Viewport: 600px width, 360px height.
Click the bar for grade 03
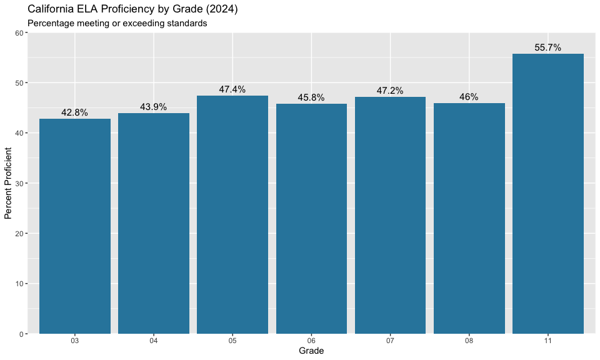(75, 226)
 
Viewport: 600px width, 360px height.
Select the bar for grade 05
(232, 214)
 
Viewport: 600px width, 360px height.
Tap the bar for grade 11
(548, 194)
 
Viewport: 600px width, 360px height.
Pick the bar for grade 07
(390, 215)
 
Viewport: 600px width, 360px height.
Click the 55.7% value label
(548, 47)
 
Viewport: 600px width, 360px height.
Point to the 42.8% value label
(75, 113)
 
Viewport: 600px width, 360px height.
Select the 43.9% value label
(154, 107)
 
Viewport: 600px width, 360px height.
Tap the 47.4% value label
(232, 89)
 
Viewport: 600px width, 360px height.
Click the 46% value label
(469, 97)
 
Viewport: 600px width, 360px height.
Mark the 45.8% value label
(311, 97)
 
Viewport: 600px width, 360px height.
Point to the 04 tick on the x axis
(154, 341)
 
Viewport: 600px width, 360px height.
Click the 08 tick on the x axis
(469, 341)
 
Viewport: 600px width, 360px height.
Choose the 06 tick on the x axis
(311, 341)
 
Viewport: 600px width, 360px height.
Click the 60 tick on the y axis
(19, 33)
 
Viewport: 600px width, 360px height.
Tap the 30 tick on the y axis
(19, 183)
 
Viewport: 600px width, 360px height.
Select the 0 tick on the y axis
(22, 334)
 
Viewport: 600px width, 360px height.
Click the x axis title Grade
(311, 351)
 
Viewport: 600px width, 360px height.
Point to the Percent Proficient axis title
(8, 183)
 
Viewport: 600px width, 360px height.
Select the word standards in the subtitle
(186, 23)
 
